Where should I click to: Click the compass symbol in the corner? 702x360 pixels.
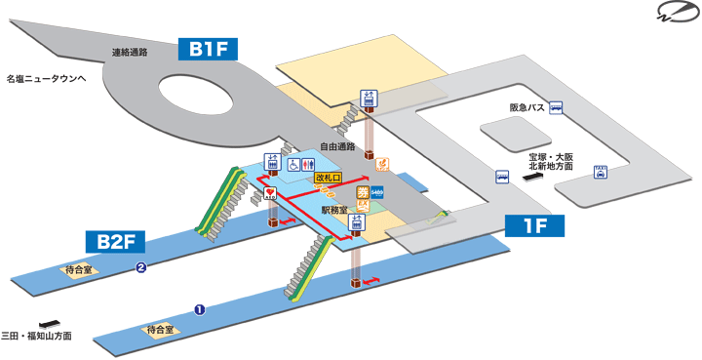pos(675,13)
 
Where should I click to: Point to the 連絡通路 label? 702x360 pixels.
pos(130,52)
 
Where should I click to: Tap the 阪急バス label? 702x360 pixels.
pos(526,108)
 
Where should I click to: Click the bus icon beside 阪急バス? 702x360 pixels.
pos(556,108)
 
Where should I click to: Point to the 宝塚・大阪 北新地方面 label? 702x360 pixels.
pos(548,161)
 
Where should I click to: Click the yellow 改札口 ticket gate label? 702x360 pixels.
pos(328,179)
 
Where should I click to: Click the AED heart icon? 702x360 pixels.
pos(270,194)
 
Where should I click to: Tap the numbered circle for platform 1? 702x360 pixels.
pos(199,311)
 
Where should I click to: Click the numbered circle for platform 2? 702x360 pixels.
pos(141,268)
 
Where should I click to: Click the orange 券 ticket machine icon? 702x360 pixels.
pos(362,193)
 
